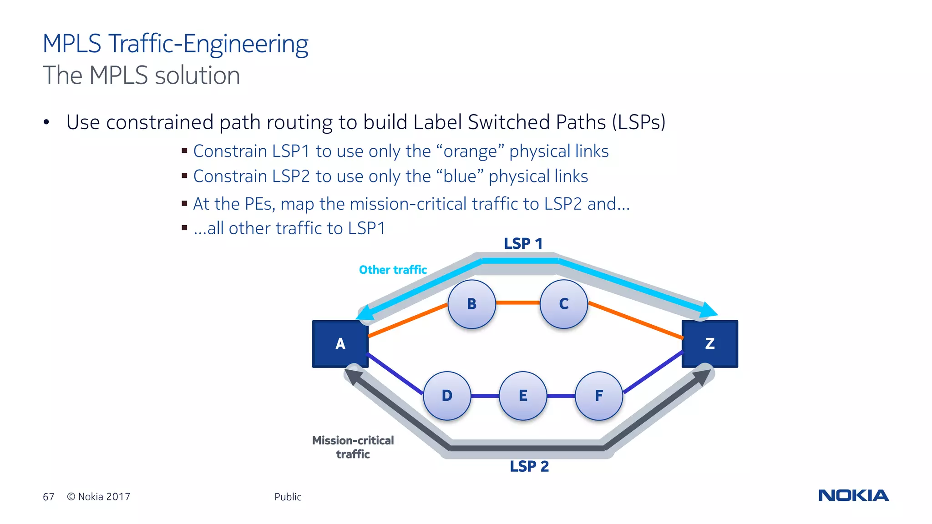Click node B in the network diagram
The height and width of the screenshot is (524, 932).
[x=471, y=304]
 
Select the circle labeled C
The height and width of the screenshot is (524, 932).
[x=563, y=304]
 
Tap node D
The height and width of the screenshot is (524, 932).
[x=447, y=396]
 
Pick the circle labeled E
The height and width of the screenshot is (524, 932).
[x=523, y=396]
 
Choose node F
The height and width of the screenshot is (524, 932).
[x=599, y=396]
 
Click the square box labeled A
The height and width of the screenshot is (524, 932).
[x=340, y=344]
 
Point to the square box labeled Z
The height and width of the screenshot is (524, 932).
[x=709, y=344]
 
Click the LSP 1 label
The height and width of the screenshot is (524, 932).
[x=523, y=244]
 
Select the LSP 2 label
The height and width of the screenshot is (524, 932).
[x=529, y=466]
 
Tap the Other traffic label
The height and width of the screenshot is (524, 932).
[x=393, y=270]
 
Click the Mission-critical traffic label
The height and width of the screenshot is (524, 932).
[x=353, y=447]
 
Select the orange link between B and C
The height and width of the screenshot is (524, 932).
[x=517, y=302]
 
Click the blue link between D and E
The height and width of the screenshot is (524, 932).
[x=485, y=396]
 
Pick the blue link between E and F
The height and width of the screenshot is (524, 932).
[x=561, y=396]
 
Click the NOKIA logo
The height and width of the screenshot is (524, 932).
[x=853, y=495]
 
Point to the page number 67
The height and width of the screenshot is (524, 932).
[x=48, y=497]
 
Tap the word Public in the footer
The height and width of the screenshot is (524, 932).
[x=288, y=497]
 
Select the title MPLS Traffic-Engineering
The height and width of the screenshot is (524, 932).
[x=175, y=44]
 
